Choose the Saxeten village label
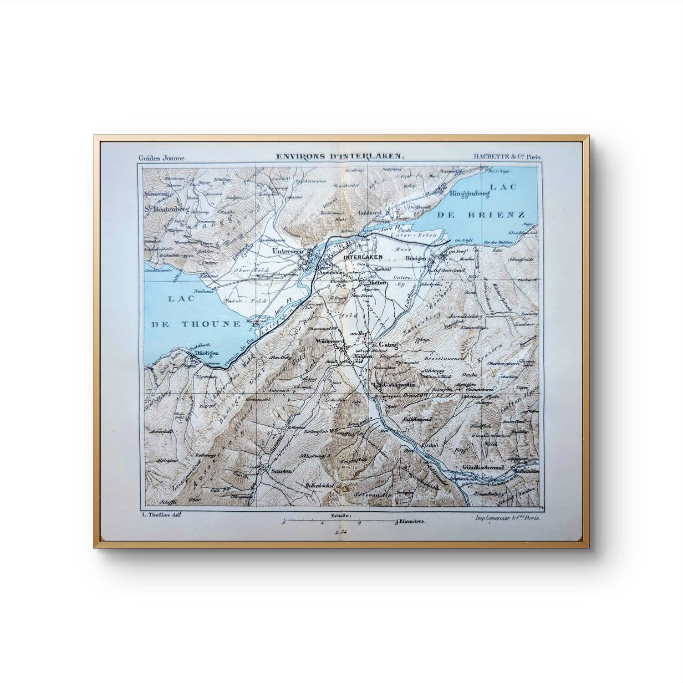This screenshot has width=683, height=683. click(281, 471)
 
